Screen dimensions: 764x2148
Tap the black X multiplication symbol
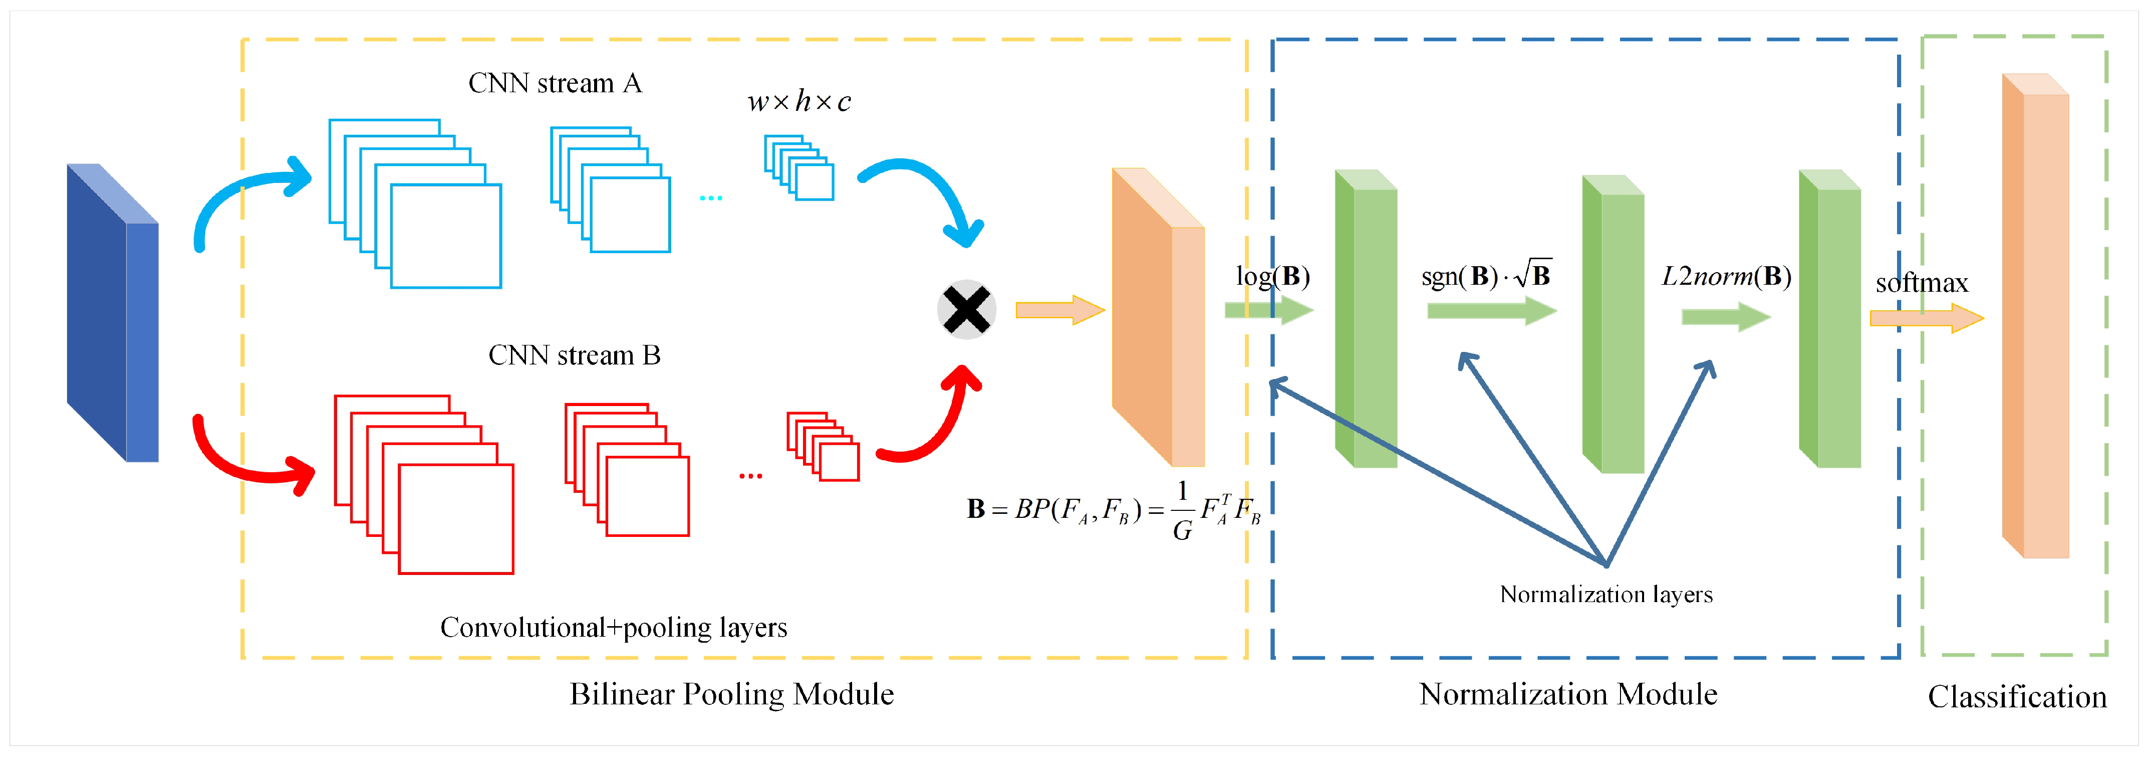point(966,309)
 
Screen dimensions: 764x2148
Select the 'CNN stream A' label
point(555,83)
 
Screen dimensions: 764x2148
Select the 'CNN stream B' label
point(574,355)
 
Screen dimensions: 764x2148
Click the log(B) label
point(1272,276)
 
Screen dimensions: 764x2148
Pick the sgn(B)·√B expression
point(1485,275)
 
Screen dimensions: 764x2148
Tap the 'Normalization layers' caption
point(1605,595)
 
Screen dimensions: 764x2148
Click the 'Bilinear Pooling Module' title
point(731,694)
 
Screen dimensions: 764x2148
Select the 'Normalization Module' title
point(1567,694)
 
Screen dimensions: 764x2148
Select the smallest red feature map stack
point(822,446)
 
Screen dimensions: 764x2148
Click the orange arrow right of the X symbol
point(1059,310)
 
